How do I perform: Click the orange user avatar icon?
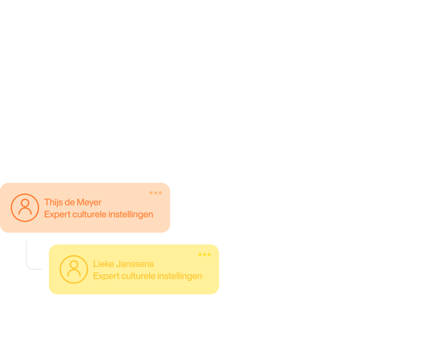tap(25, 208)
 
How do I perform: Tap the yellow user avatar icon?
tap(74, 269)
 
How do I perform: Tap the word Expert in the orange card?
tap(57, 214)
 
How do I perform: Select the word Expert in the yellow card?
tap(106, 276)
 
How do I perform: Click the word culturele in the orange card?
tap(89, 214)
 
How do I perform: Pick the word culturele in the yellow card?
tap(138, 276)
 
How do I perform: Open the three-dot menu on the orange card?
tap(156, 193)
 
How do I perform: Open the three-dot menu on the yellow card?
tap(204, 254)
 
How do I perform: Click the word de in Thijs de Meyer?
tap(69, 202)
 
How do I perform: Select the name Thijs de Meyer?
tap(73, 202)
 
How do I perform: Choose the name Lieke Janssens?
tap(123, 264)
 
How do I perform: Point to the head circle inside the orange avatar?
tap(25, 203)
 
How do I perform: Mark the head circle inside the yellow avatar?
tap(74, 265)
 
